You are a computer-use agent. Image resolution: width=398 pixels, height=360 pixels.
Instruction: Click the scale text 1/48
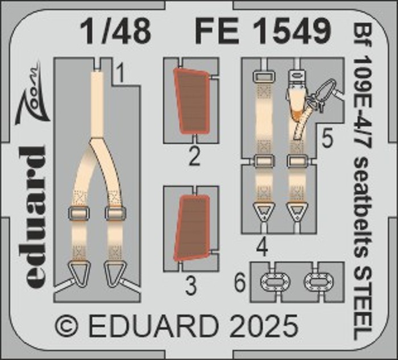click(115, 32)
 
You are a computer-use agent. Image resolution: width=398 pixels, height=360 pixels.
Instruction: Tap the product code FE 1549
click(263, 32)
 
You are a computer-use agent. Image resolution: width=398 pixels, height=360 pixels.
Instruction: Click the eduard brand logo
click(35, 218)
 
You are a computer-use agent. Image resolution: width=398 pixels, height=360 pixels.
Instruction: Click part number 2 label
click(194, 156)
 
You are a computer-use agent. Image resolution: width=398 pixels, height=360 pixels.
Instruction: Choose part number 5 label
click(327, 139)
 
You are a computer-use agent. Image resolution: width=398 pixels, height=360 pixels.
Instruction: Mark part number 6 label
click(240, 284)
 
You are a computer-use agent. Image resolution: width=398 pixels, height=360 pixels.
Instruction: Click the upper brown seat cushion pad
click(192, 101)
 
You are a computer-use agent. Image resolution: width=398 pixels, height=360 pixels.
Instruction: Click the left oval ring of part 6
click(276, 283)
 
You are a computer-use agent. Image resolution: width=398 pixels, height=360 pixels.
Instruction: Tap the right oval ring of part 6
click(319, 283)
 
